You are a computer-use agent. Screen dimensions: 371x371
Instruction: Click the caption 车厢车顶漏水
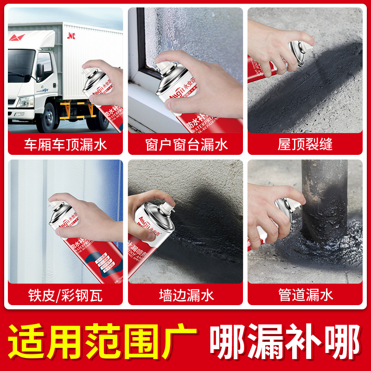(x=65, y=144)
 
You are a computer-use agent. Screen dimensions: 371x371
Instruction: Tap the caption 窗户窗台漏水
(x=185, y=144)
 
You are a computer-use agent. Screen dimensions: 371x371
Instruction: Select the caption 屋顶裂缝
(x=305, y=144)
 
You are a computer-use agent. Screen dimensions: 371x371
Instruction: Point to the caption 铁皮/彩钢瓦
(x=65, y=295)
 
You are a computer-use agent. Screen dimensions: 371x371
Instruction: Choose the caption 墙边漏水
(x=185, y=295)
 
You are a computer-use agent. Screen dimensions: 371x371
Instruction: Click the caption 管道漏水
(x=305, y=295)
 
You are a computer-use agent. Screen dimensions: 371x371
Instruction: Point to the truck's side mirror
(x=40, y=70)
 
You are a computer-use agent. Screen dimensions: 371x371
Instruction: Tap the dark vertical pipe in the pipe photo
(x=324, y=195)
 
